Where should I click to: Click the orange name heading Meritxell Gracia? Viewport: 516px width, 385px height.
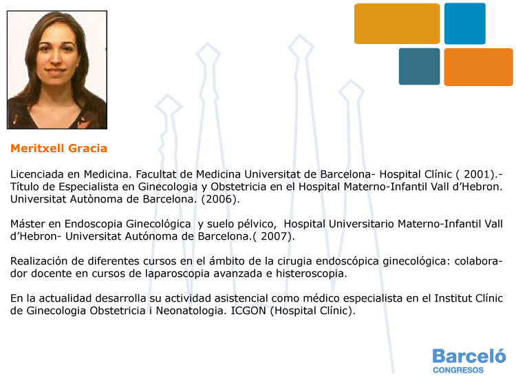58,148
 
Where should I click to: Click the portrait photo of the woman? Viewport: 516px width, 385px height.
57,70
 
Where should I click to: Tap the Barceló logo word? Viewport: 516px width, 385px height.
469,356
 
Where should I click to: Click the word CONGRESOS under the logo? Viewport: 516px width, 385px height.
458,370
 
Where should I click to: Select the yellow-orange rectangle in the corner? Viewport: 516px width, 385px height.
397,23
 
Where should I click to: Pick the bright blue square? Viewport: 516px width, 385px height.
465,23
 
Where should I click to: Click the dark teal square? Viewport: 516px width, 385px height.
419,67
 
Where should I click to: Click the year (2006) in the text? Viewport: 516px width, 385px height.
220,199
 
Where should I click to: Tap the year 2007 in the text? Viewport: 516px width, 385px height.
274,236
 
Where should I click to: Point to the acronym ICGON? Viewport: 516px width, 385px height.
248,310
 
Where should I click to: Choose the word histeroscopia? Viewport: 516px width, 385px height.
311,273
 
